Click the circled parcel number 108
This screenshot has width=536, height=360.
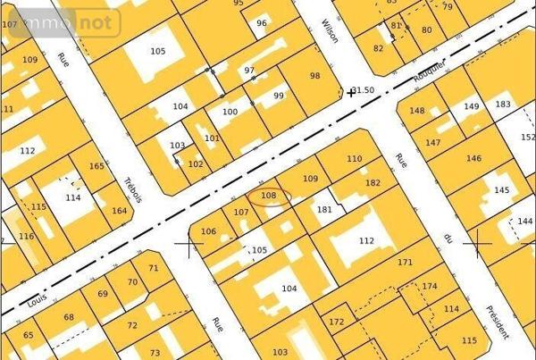pyautogui.click(x=268, y=195)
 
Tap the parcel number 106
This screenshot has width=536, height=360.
pyautogui.click(x=208, y=231)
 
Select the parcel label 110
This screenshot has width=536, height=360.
pyautogui.click(x=355, y=159)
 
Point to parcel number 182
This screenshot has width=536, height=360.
pyautogui.click(x=373, y=182)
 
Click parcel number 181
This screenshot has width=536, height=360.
pyautogui.click(x=325, y=210)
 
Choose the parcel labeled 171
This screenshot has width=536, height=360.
pyautogui.click(x=406, y=263)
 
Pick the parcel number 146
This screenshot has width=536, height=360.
pyautogui.click(x=473, y=158)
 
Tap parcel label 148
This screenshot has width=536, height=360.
pyautogui.click(x=417, y=111)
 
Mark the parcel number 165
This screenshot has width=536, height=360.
pyautogui.click(x=96, y=166)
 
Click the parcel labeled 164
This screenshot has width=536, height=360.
pyautogui.click(x=120, y=212)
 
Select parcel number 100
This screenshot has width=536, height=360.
pyautogui.click(x=230, y=112)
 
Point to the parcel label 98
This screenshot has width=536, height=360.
pyautogui.click(x=314, y=76)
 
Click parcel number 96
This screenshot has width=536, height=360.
pyautogui.click(x=261, y=23)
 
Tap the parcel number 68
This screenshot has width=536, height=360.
pyautogui.click(x=69, y=317)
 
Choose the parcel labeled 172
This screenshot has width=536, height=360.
pyautogui.click(x=336, y=322)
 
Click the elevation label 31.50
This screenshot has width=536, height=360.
pyautogui.click(x=364, y=90)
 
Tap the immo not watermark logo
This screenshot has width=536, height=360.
pyautogui.click(x=60, y=21)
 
